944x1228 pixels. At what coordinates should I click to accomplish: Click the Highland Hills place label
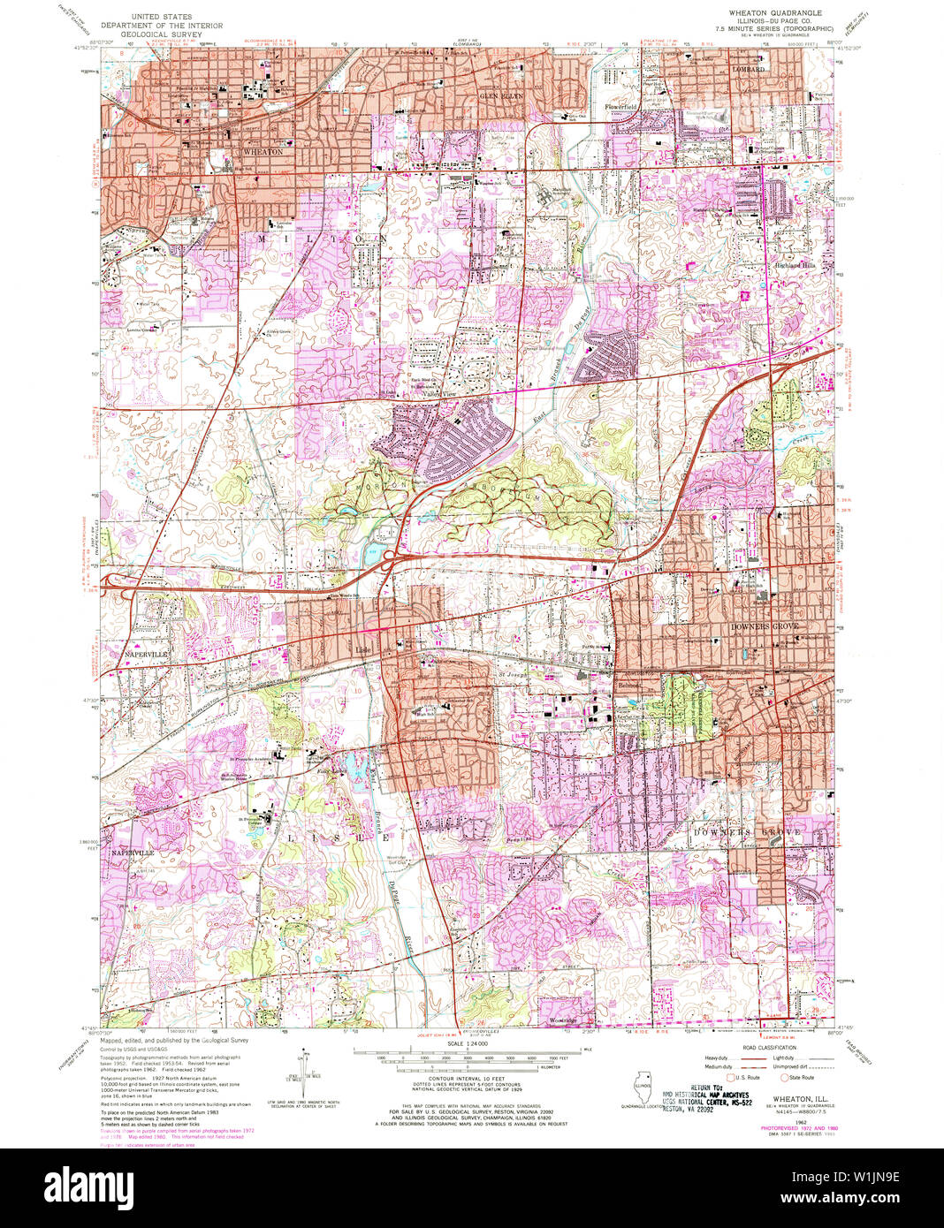796,264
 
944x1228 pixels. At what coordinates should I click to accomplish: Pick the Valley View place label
426,394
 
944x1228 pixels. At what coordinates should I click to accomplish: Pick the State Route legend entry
801,1077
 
